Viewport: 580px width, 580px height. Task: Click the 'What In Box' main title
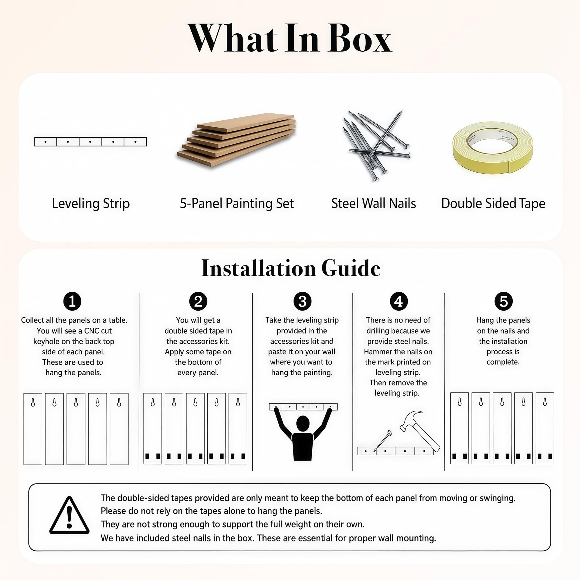point(290,39)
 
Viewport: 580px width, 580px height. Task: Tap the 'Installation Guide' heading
point(291,268)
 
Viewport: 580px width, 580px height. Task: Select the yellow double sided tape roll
point(493,147)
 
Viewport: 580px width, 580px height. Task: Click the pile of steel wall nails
point(376,146)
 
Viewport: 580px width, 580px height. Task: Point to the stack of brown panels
point(237,140)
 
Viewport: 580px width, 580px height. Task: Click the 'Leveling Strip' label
point(91,204)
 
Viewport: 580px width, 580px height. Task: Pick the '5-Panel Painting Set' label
point(237,204)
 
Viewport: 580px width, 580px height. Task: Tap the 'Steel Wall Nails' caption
point(374,204)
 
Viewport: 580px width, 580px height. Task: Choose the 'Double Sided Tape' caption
point(493,204)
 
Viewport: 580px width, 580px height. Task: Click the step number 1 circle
point(72,301)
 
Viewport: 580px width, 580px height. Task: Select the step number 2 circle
point(198,301)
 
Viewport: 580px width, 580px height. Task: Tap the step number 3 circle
point(302,301)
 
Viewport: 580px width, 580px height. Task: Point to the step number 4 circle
point(399,301)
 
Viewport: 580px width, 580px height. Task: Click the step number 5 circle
point(503,301)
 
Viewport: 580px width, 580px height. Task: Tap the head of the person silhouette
point(303,424)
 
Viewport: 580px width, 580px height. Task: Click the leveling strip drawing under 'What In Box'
point(90,142)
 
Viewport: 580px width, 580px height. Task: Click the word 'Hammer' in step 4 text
point(377,351)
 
